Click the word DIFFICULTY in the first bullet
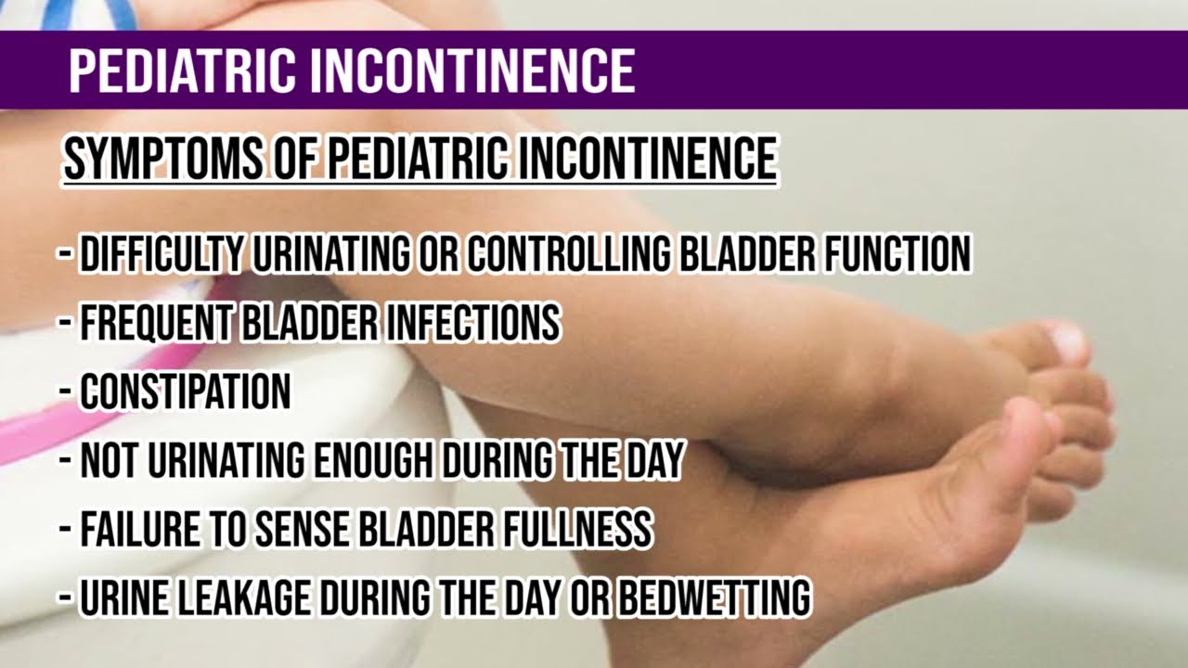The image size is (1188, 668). pyautogui.click(x=161, y=253)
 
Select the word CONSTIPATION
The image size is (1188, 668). pyautogui.click(x=185, y=392)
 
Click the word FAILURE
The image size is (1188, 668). pyautogui.click(x=139, y=530)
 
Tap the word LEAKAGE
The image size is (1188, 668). pyautogui.click(x=251, y=599)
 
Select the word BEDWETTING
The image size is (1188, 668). pyautogui.click(x=714, y=599)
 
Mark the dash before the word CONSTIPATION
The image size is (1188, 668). pyautogui.click(x=66, y=392)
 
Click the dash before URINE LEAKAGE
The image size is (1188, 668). pyautogui.click(x=66, y=599)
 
